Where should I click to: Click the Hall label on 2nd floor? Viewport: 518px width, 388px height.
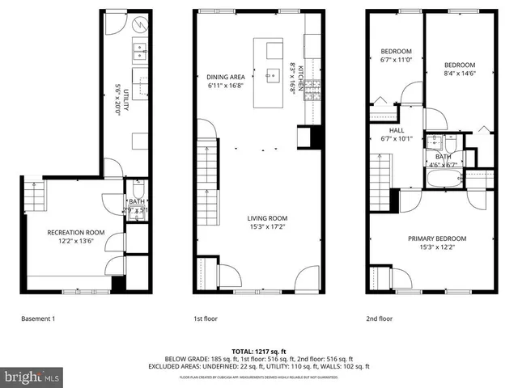[x=396, y=134]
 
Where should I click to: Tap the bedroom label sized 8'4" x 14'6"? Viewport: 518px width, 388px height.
[x=459, y=70]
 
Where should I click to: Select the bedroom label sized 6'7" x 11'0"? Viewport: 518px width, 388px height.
[x=397, y=56]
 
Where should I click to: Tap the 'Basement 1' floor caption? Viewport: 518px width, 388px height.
[x=38, y=318]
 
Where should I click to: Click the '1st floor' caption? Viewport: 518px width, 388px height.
[x=205, y=318]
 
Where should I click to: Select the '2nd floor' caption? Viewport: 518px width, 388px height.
[x=379, y=318]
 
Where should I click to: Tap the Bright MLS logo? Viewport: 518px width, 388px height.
[x=31, y=377]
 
